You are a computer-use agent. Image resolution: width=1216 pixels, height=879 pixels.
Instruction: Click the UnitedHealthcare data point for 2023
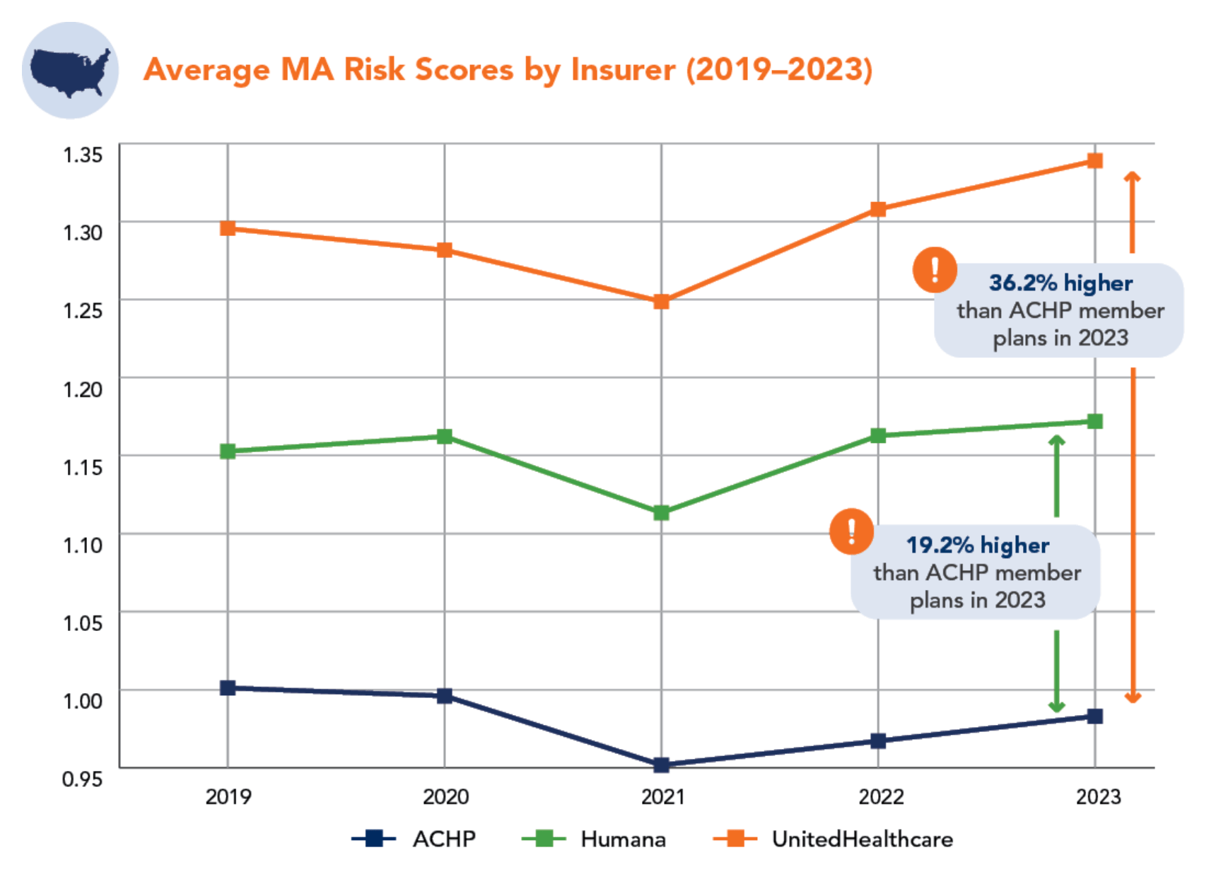pyautogui.click(x=1094, y=161)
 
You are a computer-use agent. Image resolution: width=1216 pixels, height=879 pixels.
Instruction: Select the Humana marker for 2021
pyautogui.click(x=661, y=513)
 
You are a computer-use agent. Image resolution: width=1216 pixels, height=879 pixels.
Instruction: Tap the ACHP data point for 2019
pyautogui.click(x=228, y=688)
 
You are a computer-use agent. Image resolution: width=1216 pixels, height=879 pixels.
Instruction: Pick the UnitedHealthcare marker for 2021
pyautogui.click(x=661, y=302)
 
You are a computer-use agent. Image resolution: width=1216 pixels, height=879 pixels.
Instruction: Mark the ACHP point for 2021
pyautogui.click(x=661, y=765)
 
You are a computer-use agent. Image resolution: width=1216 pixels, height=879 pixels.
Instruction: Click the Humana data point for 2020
pyautogui.click(x=444, y=437)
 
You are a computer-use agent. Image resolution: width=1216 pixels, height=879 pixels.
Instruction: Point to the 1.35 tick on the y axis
pyautogui.click(x=83, y=155)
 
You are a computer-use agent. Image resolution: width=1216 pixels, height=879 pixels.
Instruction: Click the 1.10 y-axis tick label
pyautogui.click(x=83, y=545)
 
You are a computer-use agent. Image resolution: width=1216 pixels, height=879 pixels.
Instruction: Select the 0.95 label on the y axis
pyautogui.click(x=83, y=779)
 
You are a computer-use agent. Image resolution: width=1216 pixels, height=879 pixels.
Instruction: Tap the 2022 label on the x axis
pyautogui.click(x=881, y=797)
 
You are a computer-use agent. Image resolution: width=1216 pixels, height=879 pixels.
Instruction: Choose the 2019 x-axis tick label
pyautogui.click(x=228, y=797)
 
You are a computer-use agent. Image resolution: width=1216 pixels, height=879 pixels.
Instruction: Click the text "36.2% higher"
pyautogui.click(x=1060, y=283)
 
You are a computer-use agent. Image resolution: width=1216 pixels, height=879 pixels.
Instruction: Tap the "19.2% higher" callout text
pyautogui.click(x=978, y=545)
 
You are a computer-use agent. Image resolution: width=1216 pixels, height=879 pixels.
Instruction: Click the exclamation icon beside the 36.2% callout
pyautogui.click(x=935, y=269)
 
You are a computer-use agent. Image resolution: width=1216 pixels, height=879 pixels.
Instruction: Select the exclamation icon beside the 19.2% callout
pyautogui.click(x=851, y=531)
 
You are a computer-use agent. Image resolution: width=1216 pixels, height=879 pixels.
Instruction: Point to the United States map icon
pyautogui.click(x=70, y=70)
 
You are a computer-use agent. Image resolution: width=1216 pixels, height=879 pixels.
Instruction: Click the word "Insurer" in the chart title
pyautogui.click(x=623, y=70)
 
